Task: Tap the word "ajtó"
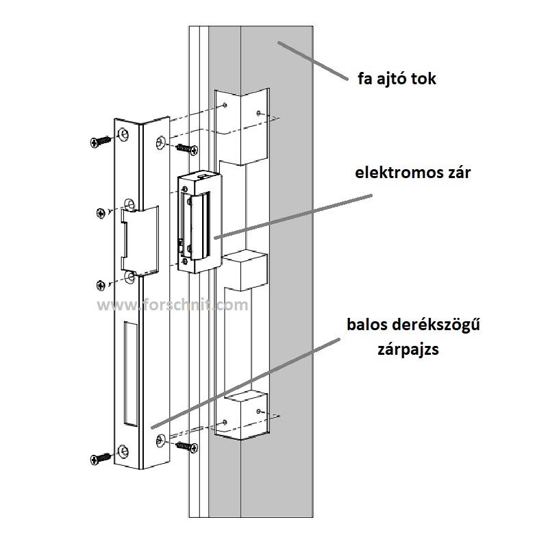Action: click(x=395, y=79)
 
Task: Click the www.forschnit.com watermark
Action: click(x=173, y=306)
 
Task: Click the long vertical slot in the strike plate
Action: click(x=129, y=373)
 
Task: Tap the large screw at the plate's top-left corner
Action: click(x=101, y=140)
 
